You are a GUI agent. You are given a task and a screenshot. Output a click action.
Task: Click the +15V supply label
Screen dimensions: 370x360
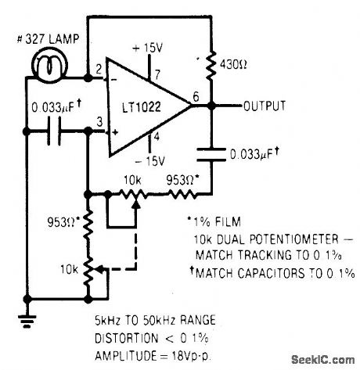pyautogui.click(x=149, y=48)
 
